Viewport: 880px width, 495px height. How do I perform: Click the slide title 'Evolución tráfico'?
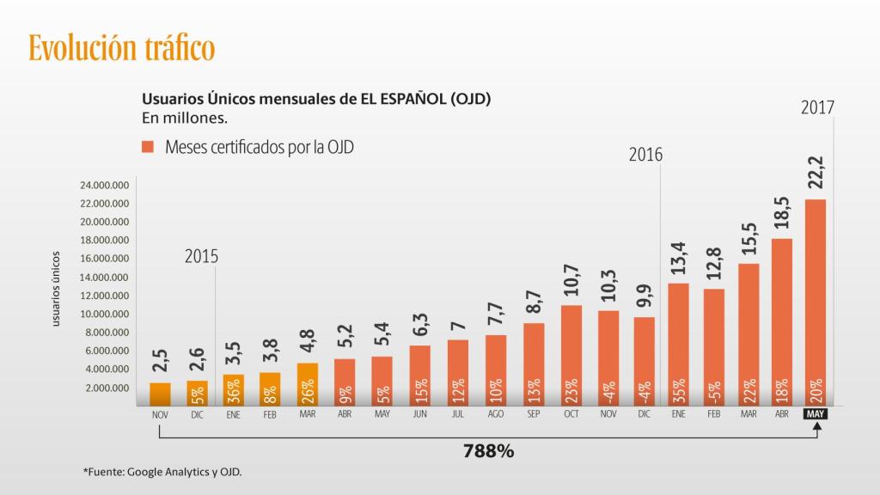(121, 47)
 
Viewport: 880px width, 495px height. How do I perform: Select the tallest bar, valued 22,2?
(815, 301)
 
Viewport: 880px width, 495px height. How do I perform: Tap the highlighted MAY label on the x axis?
(815, 413)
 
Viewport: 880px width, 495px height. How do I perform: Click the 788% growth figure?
(488, 450)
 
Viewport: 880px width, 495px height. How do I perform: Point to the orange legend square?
(148, 147)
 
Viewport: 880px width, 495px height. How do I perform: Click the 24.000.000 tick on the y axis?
(103, 186)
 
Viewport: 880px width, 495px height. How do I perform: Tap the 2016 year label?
(645, 155)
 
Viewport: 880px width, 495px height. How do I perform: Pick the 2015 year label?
(201, 256)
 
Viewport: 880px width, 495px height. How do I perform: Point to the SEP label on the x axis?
(534, 413)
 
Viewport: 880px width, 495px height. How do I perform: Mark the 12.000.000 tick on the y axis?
(103, 296)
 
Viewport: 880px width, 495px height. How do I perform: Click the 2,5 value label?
(160, 362)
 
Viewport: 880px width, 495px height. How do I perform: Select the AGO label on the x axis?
(496, 413)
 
